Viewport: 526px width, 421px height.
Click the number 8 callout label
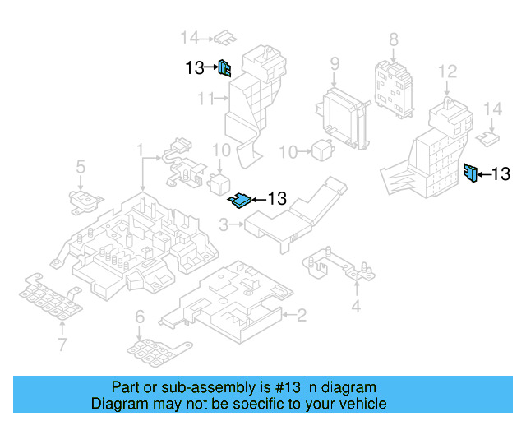click(x=393, y=39)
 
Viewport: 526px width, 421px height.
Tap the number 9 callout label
click(x=335, y=63)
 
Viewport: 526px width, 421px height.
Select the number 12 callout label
click(x=447, y=72)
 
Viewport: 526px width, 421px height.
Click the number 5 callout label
click(x=81, y=168)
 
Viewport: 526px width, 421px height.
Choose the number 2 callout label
click(x=302, y=314)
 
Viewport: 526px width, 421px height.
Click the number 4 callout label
click(x=356, y=307)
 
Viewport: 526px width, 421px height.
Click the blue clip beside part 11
click(x=224, y=68)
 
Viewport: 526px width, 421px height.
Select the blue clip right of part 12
click(x=471, y=173)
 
